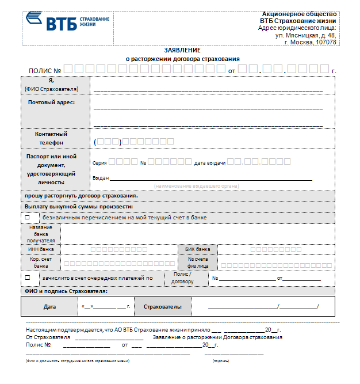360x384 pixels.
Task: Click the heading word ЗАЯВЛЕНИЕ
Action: [182, 51]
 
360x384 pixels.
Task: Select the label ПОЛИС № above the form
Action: [44, 70]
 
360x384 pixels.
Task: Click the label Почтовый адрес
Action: [51, 102]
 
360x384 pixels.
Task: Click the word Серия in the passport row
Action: [99, 163]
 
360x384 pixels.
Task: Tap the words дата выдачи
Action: [209, 163]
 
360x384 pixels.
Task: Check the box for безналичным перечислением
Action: [27, 218]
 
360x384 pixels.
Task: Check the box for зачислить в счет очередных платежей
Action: [27, 277]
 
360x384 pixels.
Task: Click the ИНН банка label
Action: [41, 250]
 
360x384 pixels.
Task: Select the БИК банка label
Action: [197, 250]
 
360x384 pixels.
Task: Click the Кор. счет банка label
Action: [41, 263]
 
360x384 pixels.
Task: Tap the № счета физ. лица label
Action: [197, 263]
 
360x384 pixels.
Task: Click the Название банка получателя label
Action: [41, 234]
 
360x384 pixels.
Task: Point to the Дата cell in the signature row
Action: [49, 307]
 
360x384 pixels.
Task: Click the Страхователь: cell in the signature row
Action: [163, 307]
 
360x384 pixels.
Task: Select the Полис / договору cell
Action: [182, 278]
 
